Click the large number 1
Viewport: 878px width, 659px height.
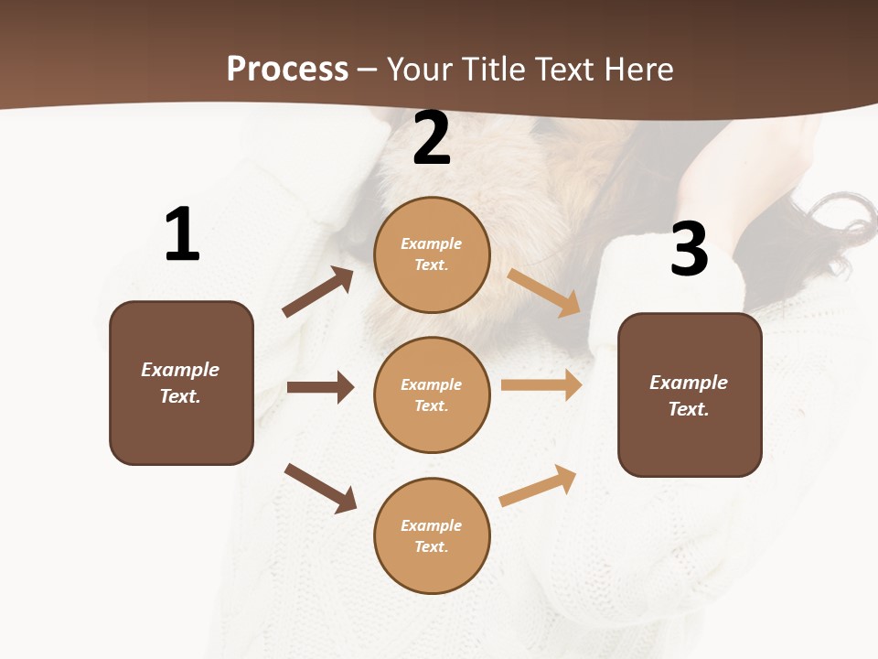click(x=182, y=234)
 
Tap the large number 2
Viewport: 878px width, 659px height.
click(x=432, y=138)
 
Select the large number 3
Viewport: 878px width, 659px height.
click(x=689, y=249)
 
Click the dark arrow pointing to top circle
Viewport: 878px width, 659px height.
click(x=318, y=293)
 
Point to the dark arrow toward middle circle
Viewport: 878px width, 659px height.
click(x=320, y=387)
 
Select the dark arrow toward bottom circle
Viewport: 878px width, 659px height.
click(x=320, y=488)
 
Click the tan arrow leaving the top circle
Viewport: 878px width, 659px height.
click(x=544, y=293)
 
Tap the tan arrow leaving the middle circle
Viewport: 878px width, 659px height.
click(x=541, y=384)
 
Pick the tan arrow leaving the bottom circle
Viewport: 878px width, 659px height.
click(x=538, y=485)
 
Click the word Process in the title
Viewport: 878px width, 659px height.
click(x=287, y=69)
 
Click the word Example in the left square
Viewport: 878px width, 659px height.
click(x=180, y=370)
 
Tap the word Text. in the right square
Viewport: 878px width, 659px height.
click(x=689, y=409)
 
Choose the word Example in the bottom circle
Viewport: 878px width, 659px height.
click(x=431, y=525)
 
